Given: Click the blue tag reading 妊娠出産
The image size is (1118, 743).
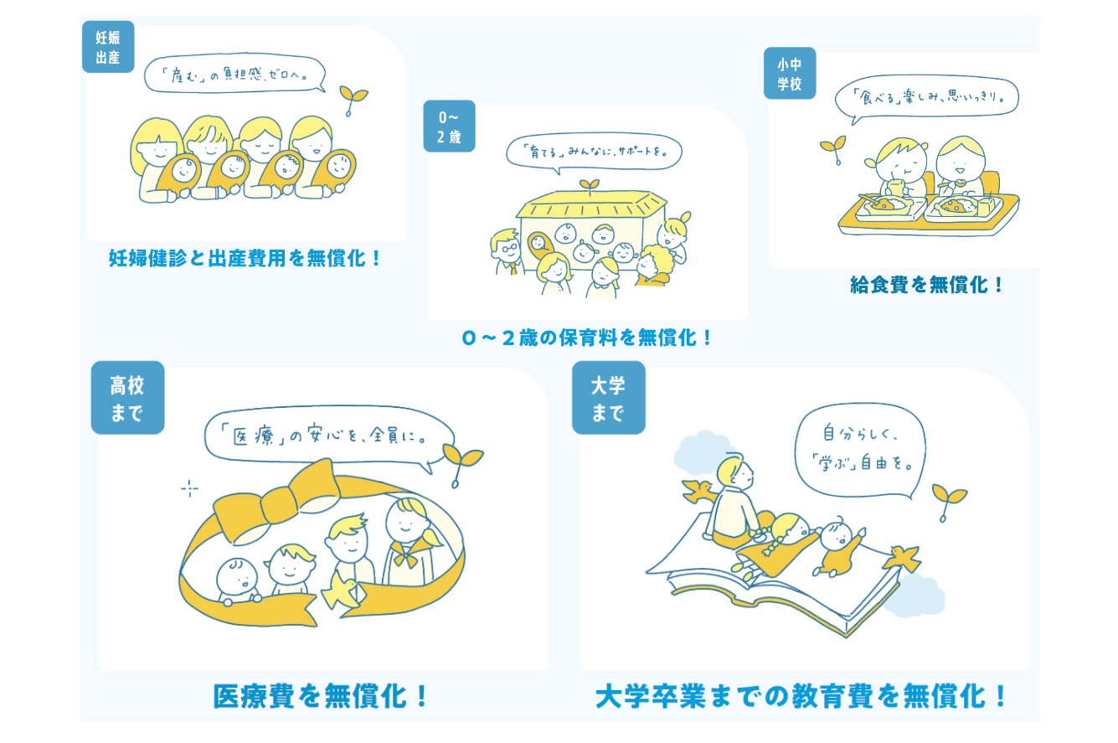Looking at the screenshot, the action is point(108,47).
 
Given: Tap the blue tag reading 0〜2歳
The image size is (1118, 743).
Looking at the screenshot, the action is point(449,126).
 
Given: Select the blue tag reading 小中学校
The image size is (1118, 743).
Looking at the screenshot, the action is point(790,74).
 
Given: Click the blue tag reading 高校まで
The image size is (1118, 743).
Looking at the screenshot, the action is point(128,398).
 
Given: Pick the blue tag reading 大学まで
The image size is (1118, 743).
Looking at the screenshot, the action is point(609,398).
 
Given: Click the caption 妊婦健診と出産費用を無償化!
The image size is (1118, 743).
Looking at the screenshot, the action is point(245,259).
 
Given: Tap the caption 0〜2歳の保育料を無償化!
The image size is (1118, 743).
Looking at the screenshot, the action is point(587,338).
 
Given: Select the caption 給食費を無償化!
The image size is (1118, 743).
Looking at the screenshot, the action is point(926,285).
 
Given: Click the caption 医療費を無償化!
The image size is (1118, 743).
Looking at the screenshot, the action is point(320,696).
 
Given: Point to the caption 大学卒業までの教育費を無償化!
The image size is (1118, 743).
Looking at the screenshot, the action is point(801,696).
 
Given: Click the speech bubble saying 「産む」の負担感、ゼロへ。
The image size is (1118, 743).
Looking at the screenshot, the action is point(235,74).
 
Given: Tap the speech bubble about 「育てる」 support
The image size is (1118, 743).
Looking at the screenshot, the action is point(594,152).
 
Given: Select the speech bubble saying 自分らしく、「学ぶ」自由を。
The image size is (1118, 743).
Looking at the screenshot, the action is point(860,451).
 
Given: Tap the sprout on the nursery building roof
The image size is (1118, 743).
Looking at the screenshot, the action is point(590,187).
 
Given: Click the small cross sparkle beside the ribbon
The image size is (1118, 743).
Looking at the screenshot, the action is point(189,488).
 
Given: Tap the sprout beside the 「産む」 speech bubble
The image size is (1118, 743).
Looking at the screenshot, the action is point(353,100).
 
